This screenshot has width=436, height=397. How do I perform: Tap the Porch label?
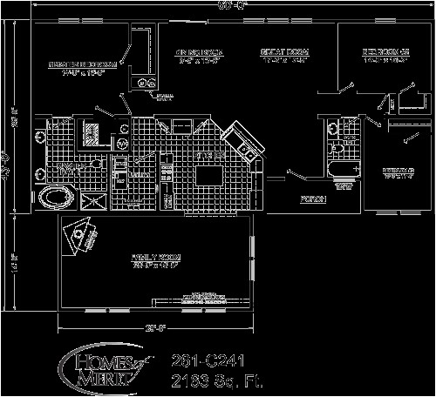(314, 199)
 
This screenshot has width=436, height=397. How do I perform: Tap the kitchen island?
(208, 176)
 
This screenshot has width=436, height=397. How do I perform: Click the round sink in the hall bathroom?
(333, 129)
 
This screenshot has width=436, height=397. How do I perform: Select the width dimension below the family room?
(156, 327)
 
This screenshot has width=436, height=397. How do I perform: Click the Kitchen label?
(206, 156)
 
